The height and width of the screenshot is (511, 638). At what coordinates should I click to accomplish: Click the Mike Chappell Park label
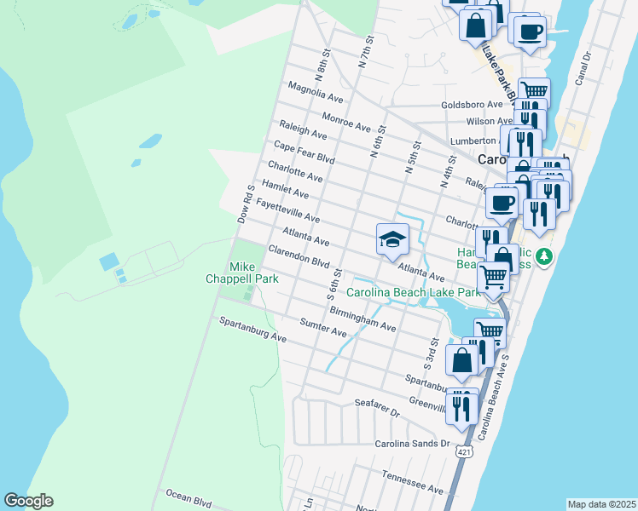(229, 272)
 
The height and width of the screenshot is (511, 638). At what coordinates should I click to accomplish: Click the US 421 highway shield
(463, 449)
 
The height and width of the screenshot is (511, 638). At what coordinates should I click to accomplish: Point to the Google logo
(28, 501)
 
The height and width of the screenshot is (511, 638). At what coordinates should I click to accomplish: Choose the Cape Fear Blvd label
(304, 153)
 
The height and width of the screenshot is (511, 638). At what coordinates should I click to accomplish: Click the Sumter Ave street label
(324, 327)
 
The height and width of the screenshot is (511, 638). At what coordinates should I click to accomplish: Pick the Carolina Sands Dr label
(412, 444)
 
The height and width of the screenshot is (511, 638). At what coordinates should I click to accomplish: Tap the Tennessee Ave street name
(413, 483)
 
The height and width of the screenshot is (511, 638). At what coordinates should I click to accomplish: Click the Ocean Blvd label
(188, 497)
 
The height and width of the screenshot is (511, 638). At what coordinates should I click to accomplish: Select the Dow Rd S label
(246, 205)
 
